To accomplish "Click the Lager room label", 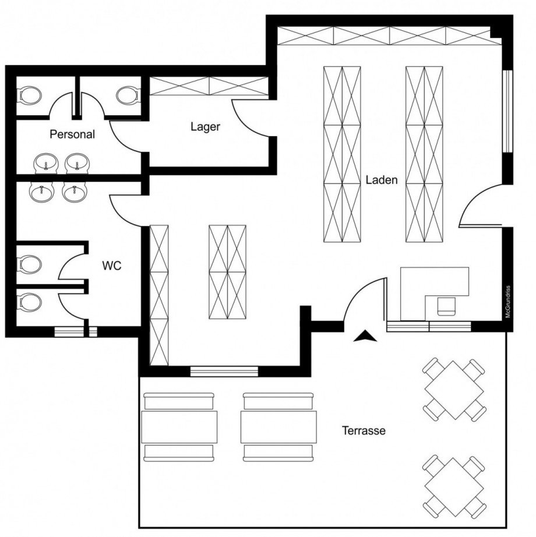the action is tap(205, 127).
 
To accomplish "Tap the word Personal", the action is tap(72, 134).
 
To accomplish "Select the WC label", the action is tap(112, 266).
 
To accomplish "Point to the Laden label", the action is tap(382, 180).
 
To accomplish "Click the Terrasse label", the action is tap(364, 430).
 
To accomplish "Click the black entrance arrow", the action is tap(365, 336).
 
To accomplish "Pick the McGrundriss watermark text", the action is tap(508, 302).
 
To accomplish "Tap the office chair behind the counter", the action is tap(446, 306).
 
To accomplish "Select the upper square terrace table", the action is tap(454, 390).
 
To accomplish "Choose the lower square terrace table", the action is tap(454, 487).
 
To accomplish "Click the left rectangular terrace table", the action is tap(179, 427).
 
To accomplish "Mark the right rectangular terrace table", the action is tap(278, 427).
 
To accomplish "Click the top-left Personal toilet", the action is tap(30, 95).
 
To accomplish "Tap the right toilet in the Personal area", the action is tap(128, 95).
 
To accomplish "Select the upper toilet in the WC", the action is tap(30, 264).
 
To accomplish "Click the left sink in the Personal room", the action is tap(46, 163).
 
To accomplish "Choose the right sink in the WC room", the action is tap(75, 192).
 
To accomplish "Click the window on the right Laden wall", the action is tap(507, 111).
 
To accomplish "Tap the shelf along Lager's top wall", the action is tap(209, 86).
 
